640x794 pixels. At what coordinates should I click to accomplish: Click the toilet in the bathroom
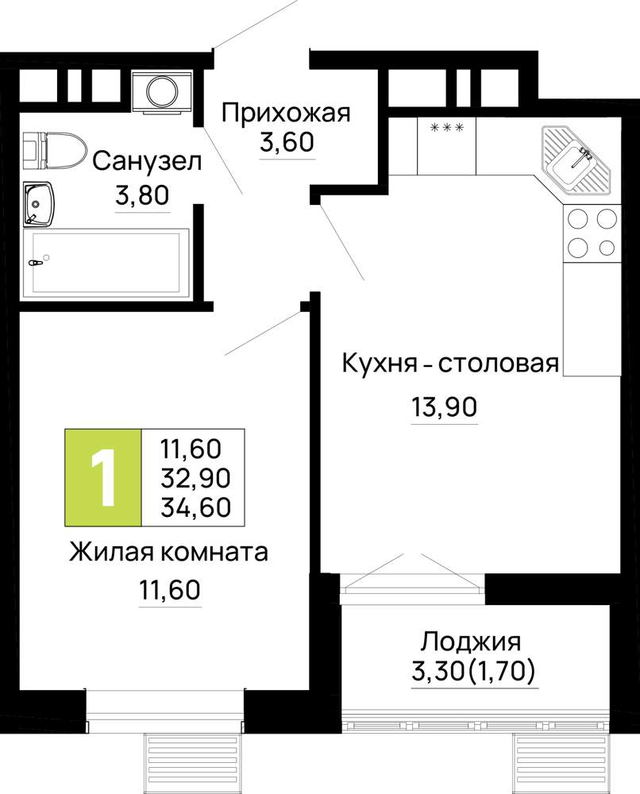(x=54, y=150)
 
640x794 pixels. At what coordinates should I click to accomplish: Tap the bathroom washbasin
(x=37, y=204)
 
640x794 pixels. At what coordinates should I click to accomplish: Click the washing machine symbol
(x=162, y=91)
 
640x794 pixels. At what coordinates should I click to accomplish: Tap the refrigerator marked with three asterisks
(x=446, y=145)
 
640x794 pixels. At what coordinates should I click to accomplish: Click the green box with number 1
(x=103, y=476)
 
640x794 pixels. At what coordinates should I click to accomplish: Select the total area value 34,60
(x=195, y=507)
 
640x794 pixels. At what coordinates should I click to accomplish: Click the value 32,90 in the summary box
(x=195, y=477)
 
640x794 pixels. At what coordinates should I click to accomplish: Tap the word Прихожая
(x=286, y=113)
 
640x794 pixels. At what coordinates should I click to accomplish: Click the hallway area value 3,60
(x=287, y=142)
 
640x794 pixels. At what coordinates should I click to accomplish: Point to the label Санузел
(x=148, y=161)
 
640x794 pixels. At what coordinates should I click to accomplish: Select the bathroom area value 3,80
(x=142, y=195)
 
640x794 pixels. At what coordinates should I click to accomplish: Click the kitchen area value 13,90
(x=445, y=407)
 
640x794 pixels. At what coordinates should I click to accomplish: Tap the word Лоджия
(x=471, y=642)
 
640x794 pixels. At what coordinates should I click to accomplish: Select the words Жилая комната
(x=168, y=552)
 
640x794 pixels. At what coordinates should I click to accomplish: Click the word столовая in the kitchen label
(x=498, y=363)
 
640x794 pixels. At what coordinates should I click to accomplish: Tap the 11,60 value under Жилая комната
(x=170, y=589)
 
